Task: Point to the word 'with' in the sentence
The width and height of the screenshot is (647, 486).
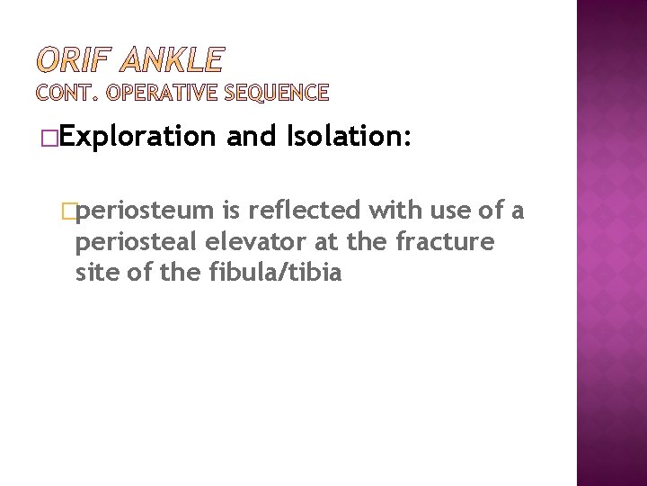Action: (385, 211)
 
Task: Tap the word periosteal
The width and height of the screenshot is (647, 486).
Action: (139, 243)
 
